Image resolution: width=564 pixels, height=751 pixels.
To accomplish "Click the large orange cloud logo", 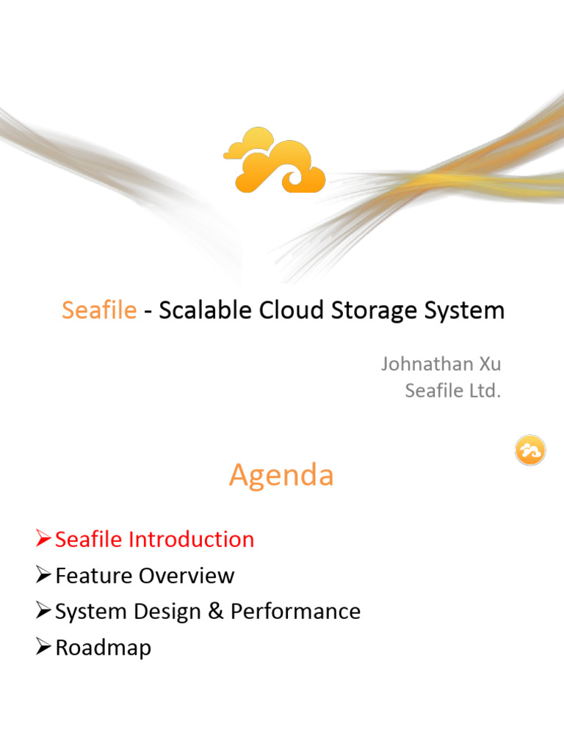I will pyautogui.click(x=275, y=161).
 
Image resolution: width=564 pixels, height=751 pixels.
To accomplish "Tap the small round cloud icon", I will pyautogui.click(x=529, y=451).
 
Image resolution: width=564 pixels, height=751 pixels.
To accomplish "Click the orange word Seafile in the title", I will pyautogui.click(x=99, y=310).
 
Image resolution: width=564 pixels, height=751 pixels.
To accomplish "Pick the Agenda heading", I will pyautogui.click(x=281, y=476).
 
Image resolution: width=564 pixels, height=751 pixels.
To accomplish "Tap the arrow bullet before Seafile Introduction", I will pyautogui.click(x=43, y=540).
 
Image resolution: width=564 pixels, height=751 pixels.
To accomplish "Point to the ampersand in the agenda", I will pyautogui.click(x=216, y=612).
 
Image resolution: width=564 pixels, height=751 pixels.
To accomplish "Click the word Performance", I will pyautogui.click(x=296, y=612).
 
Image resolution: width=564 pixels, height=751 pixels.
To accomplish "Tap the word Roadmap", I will pyautogui.click(x=103, y=648).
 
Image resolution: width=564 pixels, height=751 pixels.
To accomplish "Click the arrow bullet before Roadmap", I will pyautogui.click(x=43, y=648).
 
